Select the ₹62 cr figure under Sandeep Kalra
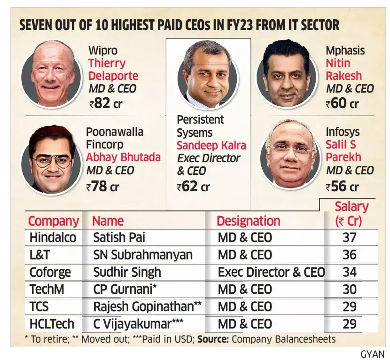tap(193, 187)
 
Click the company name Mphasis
tap(345, 51)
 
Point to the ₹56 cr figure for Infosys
tap(342, 187)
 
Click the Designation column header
tap(248, 221)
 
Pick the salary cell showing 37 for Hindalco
tap(349, 237)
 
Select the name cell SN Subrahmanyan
tap(143, 255)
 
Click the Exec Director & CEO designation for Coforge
tap(271, 272)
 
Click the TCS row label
tap(39, 306)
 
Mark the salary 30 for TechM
tap(349, 290)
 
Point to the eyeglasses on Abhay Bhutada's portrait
tap(50, 160)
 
